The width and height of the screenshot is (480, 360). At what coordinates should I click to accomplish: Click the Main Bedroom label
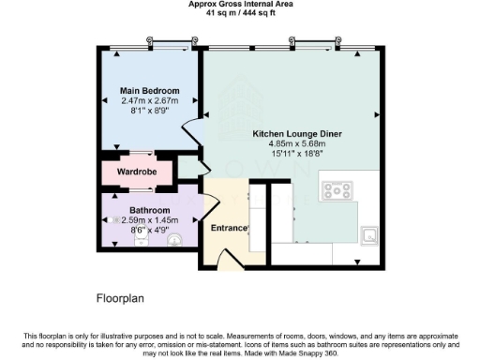[x=149, y=91]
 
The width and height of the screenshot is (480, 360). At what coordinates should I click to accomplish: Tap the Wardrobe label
[x=137, y=173]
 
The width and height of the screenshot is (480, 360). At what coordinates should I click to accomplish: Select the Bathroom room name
[x=149, y=209]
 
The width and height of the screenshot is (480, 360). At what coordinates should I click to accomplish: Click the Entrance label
[x=228, y=228]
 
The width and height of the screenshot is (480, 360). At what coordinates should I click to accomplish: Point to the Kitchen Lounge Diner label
[x=296, y=134]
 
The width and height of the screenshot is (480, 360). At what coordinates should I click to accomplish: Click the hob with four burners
[x=336, y=191]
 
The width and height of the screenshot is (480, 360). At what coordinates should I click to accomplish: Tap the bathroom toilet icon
[x=174, y=240]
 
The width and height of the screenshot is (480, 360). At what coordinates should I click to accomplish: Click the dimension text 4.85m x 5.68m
[x=296, y=144]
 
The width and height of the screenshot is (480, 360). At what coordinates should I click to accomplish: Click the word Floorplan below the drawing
[x=121, y=300]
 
